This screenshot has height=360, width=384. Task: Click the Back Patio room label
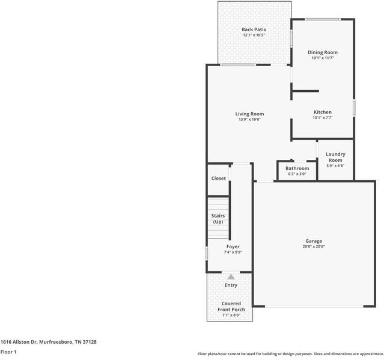point(254,29)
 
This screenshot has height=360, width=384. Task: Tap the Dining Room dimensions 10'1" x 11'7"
point(323,58)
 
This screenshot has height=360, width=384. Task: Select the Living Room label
point(249,114)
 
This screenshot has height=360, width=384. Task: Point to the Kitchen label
point(323,112)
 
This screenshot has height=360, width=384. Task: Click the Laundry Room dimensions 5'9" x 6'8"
point(335,166)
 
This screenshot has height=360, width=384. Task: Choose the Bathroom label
point(297,168)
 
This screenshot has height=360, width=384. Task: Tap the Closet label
point(219,178)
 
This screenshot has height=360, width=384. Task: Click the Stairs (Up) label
point(218,219)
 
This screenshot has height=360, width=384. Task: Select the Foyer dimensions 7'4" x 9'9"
point(233,252)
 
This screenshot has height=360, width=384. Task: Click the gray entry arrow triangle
point(231,277)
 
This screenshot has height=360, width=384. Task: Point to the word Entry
point(231,285)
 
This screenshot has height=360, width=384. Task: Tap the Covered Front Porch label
point(231,307)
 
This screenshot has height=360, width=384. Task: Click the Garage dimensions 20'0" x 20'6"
point(314,246)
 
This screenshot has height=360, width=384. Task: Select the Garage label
point(314,241)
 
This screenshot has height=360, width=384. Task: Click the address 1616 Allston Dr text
point(19,342)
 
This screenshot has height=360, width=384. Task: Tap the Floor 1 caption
point(8,352)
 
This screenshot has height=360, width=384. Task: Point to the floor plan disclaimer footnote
point(290,354)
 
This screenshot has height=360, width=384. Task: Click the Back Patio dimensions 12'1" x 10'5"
point(254,35)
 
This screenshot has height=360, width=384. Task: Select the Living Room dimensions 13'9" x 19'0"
point(249,120)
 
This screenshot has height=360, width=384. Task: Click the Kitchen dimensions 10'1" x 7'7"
point(323,118)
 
